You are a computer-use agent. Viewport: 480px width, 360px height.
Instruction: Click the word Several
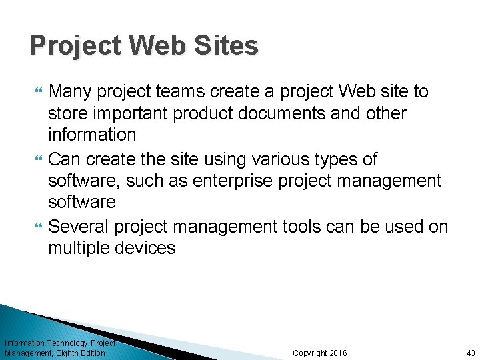click(x=80, y=227)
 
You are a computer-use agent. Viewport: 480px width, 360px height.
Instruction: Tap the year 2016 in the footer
click(x=338, y=353)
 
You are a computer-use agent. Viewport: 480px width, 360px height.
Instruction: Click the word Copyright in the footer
click(x=310, y=353)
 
